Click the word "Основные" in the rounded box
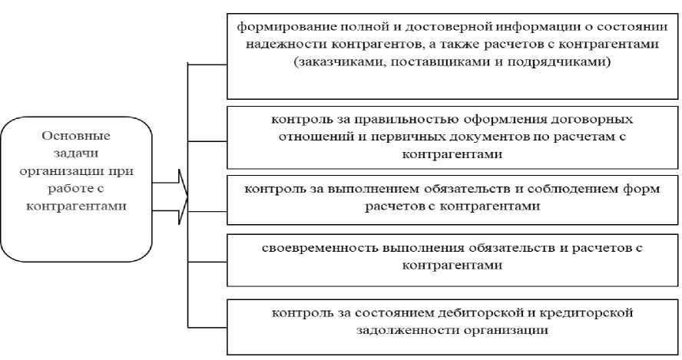[x=75, y=136]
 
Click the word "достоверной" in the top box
[x=425, y=26]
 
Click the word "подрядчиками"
[x=558, y=63]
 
